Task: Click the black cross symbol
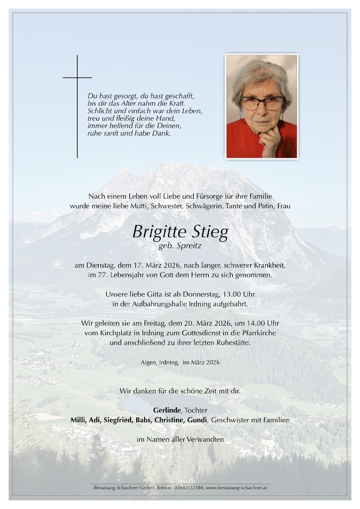pyautogui.click(x=77, y=78)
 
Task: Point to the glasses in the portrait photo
pyautogui.click(x=262, y=103)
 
